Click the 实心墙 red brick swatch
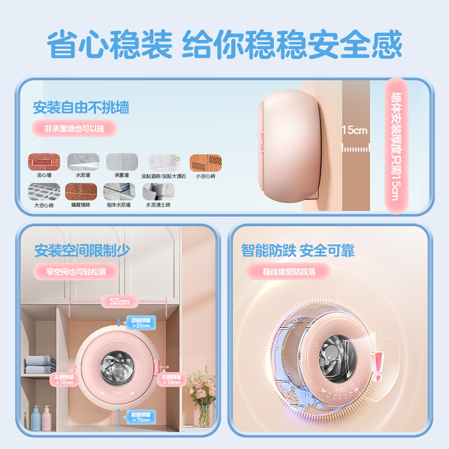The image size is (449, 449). point(44,162)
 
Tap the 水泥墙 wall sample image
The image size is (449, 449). point(83,162)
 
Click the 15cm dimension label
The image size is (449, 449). point(355,130)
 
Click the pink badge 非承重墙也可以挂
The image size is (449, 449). point(74,129)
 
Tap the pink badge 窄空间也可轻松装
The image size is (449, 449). point(76,272)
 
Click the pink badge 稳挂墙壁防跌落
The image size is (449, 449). point(288,272)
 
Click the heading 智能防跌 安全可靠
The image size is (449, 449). point(298,250)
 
